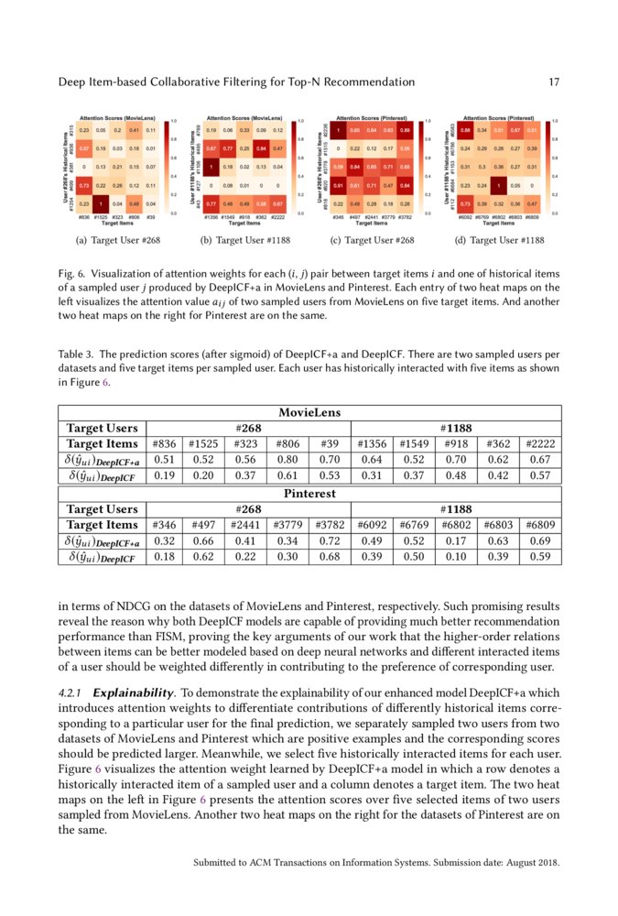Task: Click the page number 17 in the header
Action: [553, 82]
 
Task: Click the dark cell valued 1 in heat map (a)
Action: [100, 202]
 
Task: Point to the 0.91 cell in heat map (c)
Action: [339, 185]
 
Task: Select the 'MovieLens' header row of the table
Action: [309, 413]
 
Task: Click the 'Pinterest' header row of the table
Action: [309, 494]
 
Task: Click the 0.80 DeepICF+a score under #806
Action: [287, 460]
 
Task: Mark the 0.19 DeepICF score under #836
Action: [165, 475]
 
